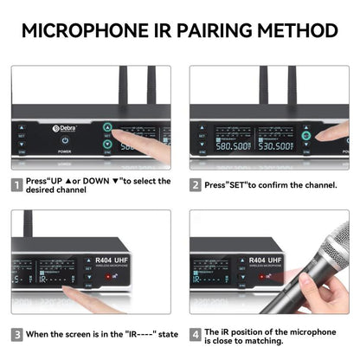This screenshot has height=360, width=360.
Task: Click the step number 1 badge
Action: pos(17,185)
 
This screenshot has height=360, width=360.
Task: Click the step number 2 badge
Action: pos(196,185)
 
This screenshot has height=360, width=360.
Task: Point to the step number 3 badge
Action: pos(17,333)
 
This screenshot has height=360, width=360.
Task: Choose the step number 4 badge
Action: pos(196,333)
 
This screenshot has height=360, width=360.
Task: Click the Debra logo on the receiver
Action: pos(67,129)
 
